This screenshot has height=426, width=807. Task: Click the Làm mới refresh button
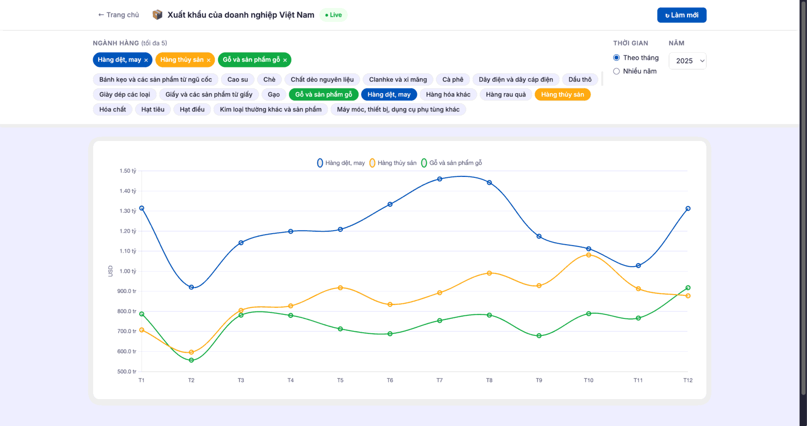pos(681,15)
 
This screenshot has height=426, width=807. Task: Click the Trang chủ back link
pos(119,15)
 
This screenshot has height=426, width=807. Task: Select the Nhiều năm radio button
pos(616,71)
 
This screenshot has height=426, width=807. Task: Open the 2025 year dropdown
pos(687,61)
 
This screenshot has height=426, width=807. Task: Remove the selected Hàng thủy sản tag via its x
pos(209,60)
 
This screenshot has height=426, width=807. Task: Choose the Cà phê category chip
pos(452,79)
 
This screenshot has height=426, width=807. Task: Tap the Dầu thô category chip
pos(580,79)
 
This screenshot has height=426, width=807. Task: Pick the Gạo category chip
pos(273,95)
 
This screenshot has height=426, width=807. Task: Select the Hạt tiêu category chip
pos(153,110)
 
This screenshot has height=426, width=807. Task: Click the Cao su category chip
pos(238,79)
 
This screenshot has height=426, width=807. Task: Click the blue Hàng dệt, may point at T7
pos(439,179)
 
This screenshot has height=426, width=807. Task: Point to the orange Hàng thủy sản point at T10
pos(589,255)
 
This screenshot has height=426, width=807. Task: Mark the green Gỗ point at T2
pos(191,360)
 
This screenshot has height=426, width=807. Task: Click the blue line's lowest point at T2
pos(191,287)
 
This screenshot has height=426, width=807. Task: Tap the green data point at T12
pos(688,287)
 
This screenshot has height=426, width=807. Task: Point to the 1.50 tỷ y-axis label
pos(128,171)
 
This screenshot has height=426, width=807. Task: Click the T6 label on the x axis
pos(390,380)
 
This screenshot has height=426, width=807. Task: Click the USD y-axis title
pos(110,271)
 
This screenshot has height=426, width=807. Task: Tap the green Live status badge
pos(333,15)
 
